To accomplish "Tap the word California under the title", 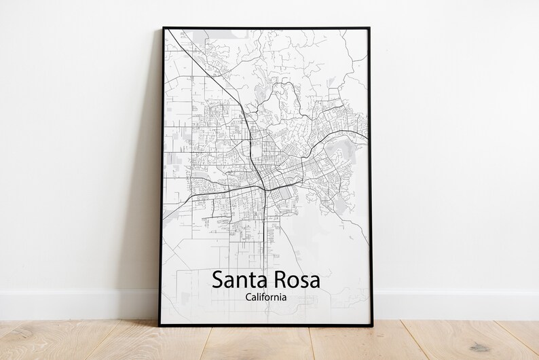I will [x=268, y=297].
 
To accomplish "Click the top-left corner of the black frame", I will [x=163, y=28].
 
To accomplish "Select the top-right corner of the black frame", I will [x=373, y=28].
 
